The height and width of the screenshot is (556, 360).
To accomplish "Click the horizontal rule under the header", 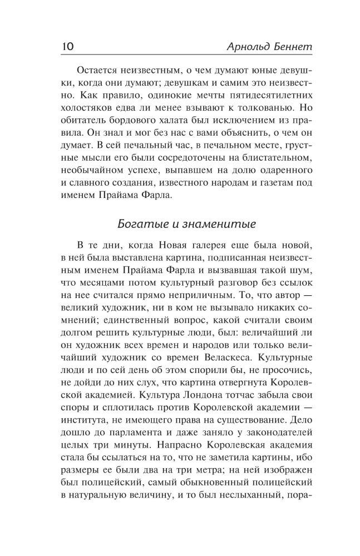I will (180, 57).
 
